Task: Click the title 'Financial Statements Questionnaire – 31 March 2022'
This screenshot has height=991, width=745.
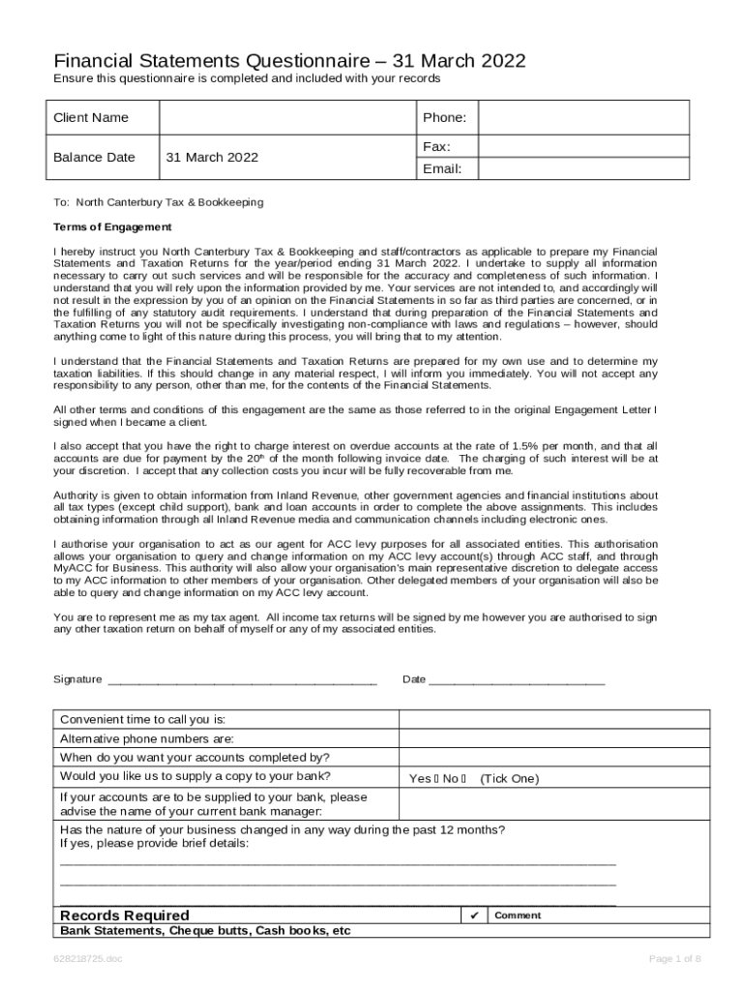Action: click(289, 61)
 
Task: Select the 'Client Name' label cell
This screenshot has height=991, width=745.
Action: click(91, 118)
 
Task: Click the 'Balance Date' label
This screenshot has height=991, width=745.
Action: click(94, 158)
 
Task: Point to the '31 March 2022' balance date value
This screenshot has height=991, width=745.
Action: click(212, 158)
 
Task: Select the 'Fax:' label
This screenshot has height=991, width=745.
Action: click(436, 146)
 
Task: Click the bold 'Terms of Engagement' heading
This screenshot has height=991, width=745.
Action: click(112, 227)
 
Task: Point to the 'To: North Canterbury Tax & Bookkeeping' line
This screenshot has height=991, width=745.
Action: click(158, 203)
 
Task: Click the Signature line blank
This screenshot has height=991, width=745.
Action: click(242, 680)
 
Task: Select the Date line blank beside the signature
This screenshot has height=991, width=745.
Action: click(517, 680)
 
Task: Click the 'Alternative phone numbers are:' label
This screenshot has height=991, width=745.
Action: click(147, 738)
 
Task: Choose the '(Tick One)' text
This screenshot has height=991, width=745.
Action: click(509, 779)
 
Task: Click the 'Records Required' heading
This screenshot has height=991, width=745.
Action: click(125, 916)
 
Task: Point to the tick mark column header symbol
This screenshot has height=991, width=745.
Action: click(474, 916)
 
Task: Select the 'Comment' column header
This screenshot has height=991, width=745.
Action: click(518, 916)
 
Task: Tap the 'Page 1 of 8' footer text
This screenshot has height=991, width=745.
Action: click(674, 959)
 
